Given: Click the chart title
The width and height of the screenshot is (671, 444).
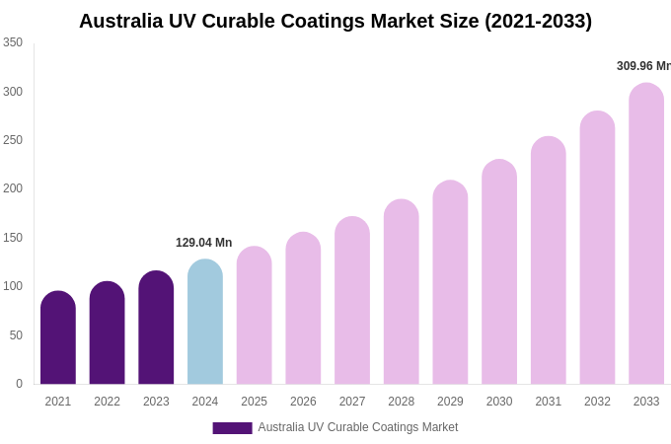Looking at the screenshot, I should pos(335,21).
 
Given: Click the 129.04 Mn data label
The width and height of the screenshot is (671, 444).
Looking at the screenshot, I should pos(204,243).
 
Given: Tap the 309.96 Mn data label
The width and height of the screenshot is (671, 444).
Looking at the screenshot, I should pos(643,66).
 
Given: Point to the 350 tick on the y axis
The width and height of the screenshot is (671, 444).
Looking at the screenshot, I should pos(13,42).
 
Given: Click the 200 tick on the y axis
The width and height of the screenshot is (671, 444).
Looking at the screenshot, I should pos(13,188).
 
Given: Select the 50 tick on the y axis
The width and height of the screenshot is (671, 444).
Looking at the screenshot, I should pos(16,335).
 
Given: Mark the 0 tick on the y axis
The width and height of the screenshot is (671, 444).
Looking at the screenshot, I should pos(19,384).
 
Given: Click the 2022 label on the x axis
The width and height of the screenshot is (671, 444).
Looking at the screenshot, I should pos(108,402).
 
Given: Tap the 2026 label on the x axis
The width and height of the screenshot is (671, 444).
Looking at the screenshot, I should pos(303,402).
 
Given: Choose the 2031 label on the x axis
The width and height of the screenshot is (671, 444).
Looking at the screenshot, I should pos(549,402).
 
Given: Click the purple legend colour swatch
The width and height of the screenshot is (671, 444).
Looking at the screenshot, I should pos(232,428).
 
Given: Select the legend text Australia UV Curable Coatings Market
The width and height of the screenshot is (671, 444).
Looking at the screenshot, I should pos(358,427).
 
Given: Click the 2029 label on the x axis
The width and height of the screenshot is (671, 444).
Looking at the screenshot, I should pos(450,402).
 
